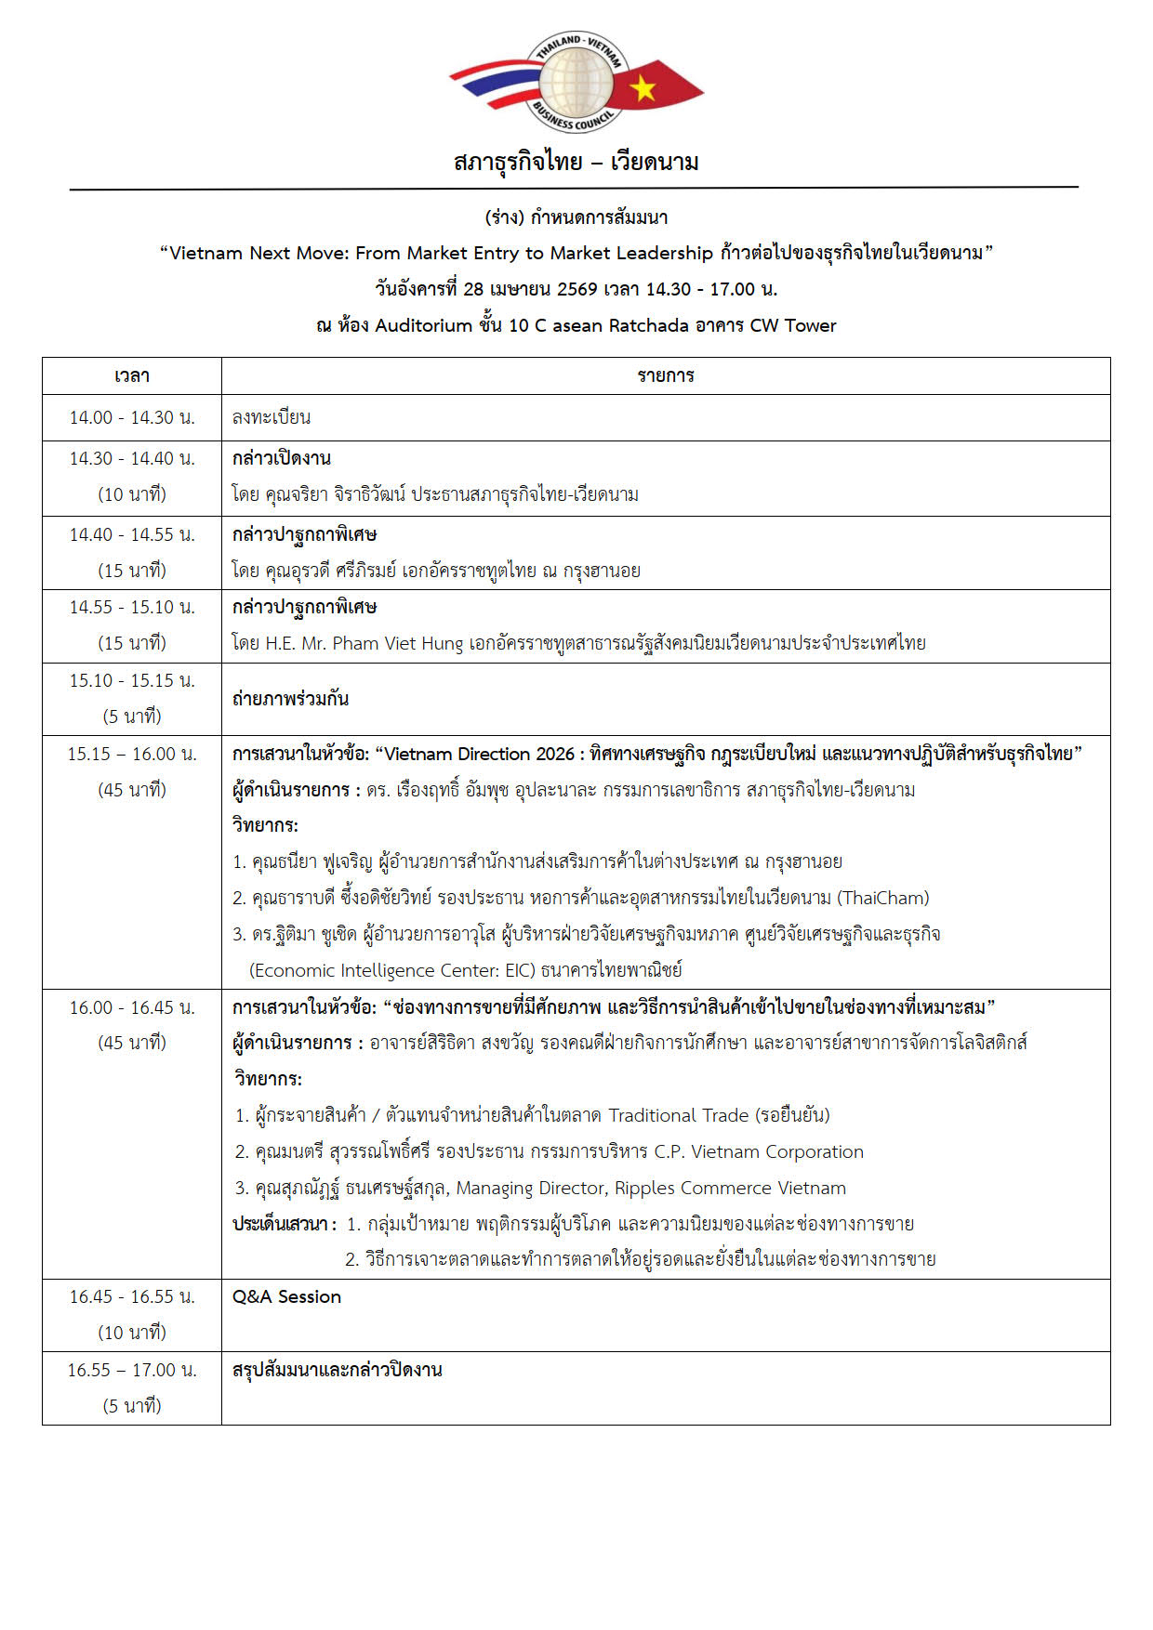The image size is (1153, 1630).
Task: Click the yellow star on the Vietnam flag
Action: tap(643, 88)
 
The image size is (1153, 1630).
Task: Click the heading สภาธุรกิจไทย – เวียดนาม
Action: tap(576, 162)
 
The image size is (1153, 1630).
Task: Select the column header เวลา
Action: tap(132, 376)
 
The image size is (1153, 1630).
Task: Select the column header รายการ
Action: tap(666, 376)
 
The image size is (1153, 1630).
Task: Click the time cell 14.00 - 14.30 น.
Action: tap(132, 417)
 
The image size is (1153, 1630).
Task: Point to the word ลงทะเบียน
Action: tap(272, 417)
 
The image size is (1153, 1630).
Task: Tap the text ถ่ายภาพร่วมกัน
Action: tap(290, 699)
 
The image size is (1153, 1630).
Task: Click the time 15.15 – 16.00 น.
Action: tap(132, 754)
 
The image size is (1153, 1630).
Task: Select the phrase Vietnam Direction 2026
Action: tap(479, 754)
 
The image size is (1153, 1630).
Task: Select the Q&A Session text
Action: tap(286, 1296)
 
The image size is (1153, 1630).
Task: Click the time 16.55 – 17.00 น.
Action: tap(132, 1370)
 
